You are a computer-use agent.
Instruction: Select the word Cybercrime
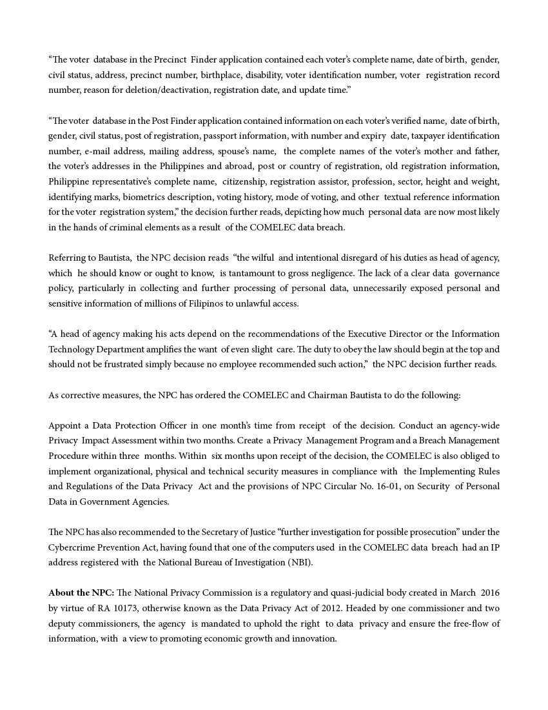pyautogui.click(x=72, y=547)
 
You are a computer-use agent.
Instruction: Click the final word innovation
pyautogui.click(x=315, y=638)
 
